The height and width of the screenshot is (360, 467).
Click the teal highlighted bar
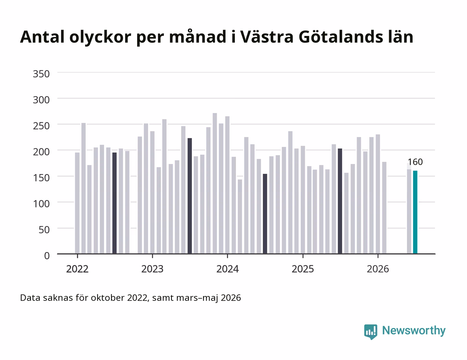pyautogui.click(x=415, y=212)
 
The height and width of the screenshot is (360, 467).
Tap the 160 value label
pyautogui.click(x=415, y=162)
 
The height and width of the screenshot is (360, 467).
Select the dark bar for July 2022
pyautogui.click(x=114, y=203)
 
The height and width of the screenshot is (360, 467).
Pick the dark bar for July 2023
pyautogui.click(x=189, y=196)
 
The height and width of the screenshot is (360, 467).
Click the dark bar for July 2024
pyautogui.click(x=265, y=214)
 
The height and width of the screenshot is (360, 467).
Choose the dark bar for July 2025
pyautogui.click(x=340, y=201)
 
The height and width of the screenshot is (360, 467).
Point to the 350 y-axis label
pyautogui.click(x=41, y=74)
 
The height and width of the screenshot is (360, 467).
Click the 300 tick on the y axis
pyautogui.click(x=41, y=100)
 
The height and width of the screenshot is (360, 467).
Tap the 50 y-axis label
pyautogui.click(x=44, y=230)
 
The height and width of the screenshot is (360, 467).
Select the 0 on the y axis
pyautogui.click(x=47, y=256)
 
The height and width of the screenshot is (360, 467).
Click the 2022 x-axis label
pyautogui.click(x=77, y=269)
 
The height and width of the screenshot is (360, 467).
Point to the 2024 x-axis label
pyautogui.click(x=227, y=269)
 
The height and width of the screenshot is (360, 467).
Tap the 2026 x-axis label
pyautogui.click(x=378, y=269)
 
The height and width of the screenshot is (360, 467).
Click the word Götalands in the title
pyautogui.click(x=341, y=37)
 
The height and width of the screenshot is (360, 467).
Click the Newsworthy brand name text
pyautogui.click(x=414, y=331)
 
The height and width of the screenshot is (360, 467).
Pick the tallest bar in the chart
pyautogui.click(x=215, y=183)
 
